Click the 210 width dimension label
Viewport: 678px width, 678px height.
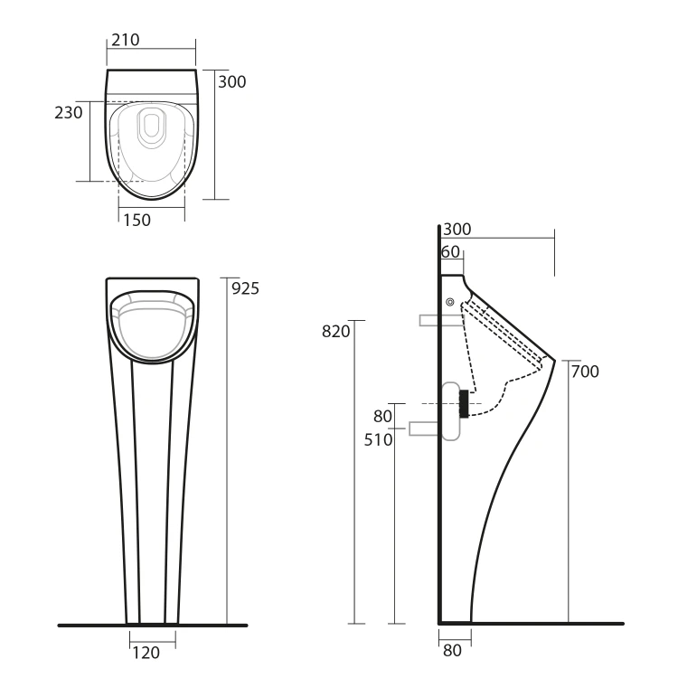click(126, 40)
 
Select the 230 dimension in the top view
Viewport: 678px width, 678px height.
click(69, 112)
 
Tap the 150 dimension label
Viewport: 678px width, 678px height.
click(137, 220)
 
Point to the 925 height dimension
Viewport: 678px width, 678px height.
click(245, 288)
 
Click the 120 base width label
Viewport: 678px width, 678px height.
click(146, 653)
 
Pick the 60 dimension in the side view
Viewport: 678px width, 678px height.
click(450, 251)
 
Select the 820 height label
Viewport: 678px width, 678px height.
click(336, 331)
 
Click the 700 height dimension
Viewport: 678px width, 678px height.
click(585, 372)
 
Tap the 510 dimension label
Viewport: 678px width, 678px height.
click(379, 439)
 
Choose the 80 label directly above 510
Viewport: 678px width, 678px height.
click(382, 417)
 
